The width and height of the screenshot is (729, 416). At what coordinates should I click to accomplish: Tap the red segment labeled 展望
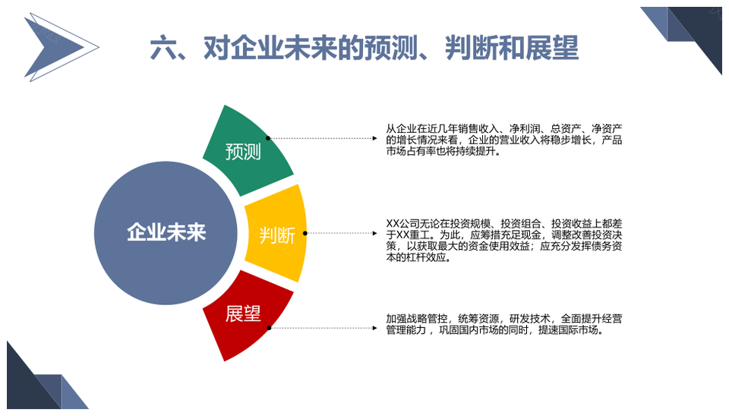(246, 316)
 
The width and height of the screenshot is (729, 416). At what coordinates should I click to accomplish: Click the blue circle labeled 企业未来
(166, 233)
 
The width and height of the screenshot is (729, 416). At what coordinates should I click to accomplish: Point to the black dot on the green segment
(268, 138)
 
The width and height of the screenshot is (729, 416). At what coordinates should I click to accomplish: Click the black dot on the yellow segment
(305, 233)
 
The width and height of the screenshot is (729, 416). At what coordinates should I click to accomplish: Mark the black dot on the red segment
(269, 328)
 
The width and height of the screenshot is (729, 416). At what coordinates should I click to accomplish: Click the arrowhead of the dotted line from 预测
(374, 138)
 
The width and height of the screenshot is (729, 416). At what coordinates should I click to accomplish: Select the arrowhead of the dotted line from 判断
(374, 233)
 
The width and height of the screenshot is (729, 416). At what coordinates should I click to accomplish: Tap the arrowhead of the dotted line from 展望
(374, 328)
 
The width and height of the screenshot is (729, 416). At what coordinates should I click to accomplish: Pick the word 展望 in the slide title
(552, 48)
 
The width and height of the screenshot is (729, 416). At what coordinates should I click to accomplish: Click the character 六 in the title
(163, 48)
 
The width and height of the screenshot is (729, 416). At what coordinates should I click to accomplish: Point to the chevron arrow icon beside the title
(61, 47)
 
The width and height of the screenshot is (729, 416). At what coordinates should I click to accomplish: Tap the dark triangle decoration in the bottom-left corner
(35, 381)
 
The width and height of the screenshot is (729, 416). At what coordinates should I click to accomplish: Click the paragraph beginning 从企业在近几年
(504, 140)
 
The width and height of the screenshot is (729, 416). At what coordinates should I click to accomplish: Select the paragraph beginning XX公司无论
(504, 241)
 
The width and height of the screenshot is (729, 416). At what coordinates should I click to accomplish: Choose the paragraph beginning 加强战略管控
(504, 324)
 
